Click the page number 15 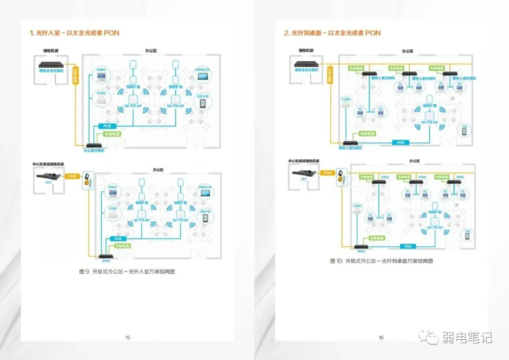point(128,337)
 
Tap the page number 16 point(381,337)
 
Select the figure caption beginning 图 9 point(127,272)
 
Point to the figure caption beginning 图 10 point(381,261)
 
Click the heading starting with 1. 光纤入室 point(74,33)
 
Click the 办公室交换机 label point(94,151)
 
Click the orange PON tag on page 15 point(72,176)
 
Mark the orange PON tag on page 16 point(327,173)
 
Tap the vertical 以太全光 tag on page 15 point(75,75)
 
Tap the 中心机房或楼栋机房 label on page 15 point(49,164)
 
